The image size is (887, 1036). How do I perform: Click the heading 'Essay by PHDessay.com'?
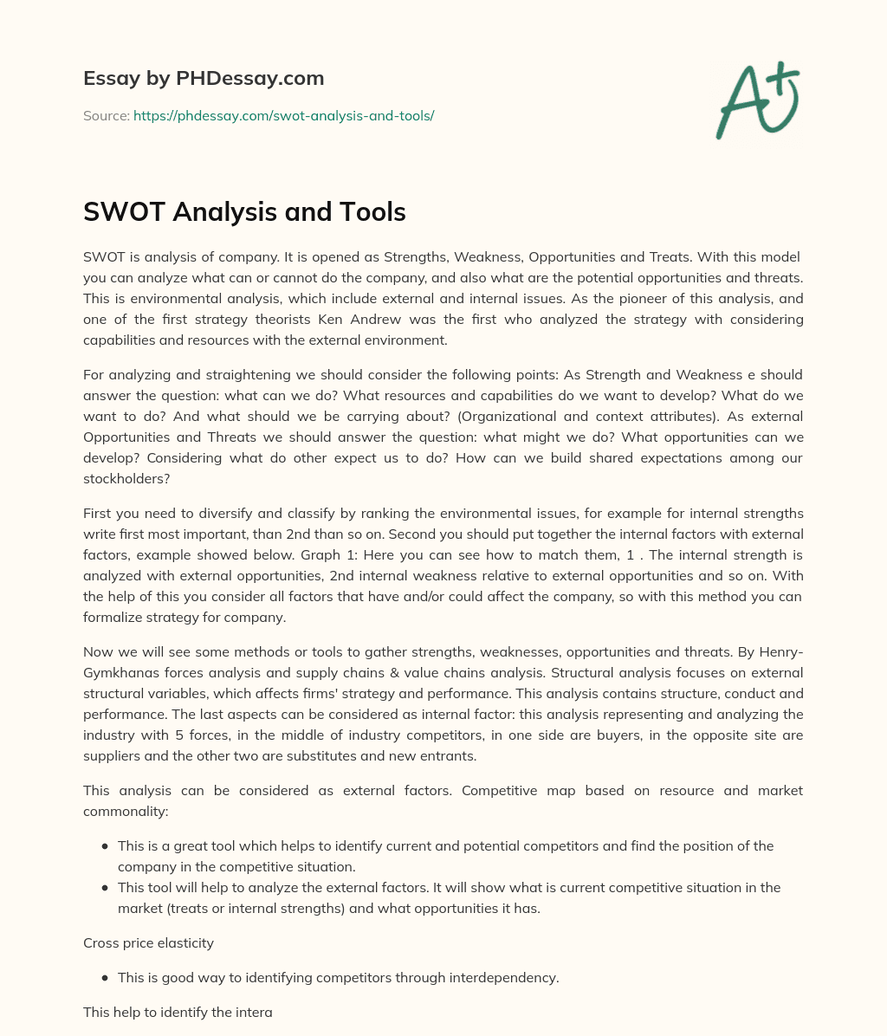click(x=204, y=78)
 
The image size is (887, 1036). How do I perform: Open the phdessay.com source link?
click(x=283, y=115)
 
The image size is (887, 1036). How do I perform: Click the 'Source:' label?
click(x=106, y=115)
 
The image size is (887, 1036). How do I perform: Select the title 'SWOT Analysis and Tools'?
click(x=244, y=211)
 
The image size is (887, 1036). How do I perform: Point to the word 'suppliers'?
click(x=112, y=755)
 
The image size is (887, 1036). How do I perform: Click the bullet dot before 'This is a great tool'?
click(x=105, y=846)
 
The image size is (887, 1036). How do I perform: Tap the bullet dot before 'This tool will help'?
click(x=105, y=888)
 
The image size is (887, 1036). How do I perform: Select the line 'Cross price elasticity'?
click(x=148, y=942)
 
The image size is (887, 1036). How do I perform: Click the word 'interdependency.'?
click(x=503, y=977)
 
